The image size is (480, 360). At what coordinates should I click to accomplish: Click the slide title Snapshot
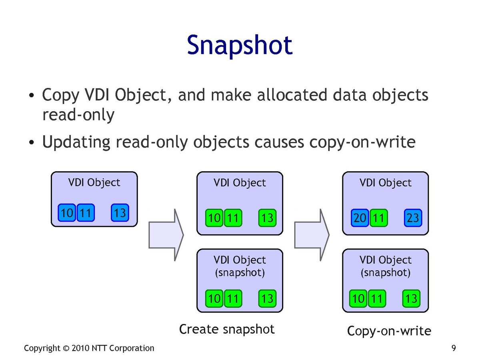pos(240,45)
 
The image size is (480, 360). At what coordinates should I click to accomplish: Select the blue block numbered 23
pos(412,218)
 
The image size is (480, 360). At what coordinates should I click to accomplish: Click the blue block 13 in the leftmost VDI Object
pos(120,212)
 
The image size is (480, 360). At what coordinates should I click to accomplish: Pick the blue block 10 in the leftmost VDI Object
pos(67,212)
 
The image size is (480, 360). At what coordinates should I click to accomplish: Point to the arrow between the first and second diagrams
pos(166,234)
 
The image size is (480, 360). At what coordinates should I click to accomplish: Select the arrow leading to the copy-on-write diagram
pos(312,234)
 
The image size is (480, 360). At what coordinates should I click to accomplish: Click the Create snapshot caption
pos(227,329)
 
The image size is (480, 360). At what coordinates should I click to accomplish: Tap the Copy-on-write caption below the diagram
pos(389,331)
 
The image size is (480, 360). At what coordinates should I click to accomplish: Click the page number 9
pos(454,348)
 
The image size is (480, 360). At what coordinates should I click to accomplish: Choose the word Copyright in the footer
pos(42,348)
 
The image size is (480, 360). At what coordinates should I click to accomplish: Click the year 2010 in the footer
pos(81,348)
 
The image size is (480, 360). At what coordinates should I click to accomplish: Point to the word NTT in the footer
pos(100,348)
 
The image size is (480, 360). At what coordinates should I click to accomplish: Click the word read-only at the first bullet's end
pos(78,115)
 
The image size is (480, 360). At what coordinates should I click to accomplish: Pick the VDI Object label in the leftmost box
pos(94,182)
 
